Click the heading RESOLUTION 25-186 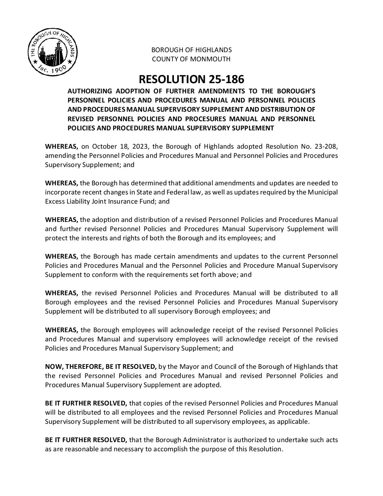pyautogui.click(x=191, y=78)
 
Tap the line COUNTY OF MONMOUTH pyautogui.click(x=191, y=59)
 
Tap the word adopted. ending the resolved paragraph pyautogui.click(x=209, y=385)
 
